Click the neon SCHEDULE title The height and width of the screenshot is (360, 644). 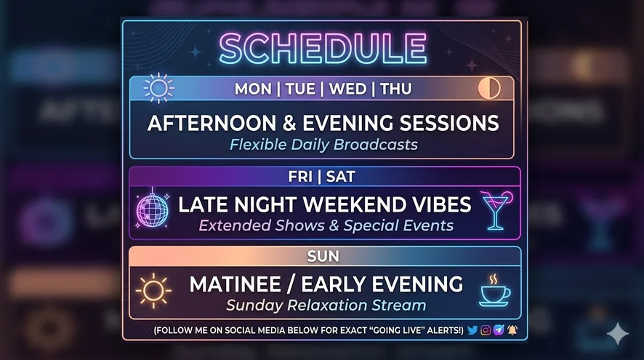323,49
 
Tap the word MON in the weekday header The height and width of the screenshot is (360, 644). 253,89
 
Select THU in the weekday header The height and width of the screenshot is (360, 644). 395,89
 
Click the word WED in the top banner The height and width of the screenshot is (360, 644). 347,89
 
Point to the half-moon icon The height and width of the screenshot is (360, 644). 489,88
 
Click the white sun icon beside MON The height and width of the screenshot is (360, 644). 158,88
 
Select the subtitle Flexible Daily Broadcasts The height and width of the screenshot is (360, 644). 323,145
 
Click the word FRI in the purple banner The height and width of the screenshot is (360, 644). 300,177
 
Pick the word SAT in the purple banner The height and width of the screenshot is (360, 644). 340,177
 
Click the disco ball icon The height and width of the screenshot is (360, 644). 152,209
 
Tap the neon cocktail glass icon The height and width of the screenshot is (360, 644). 496,210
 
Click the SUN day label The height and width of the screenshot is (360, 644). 323,257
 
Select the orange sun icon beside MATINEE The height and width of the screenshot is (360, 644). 153,291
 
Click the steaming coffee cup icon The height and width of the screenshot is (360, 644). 495,291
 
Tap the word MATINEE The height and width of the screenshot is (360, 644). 236,284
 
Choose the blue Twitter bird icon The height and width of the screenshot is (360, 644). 472,330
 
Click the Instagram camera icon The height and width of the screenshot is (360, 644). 486,330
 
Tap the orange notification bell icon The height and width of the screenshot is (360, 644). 512,330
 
